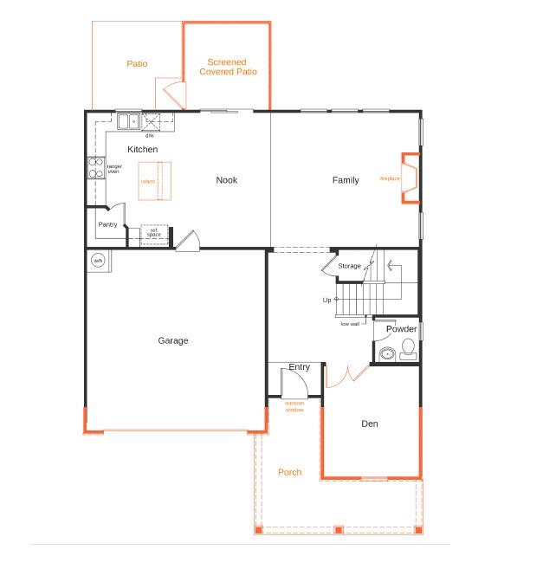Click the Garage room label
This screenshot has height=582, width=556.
pyautogui.click(x=173, y=340)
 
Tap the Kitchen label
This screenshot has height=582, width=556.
pyautogui.click(x=143, y=150)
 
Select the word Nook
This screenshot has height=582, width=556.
pyautogui.click(x=227, y=180)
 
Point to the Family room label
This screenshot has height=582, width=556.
pyautogui.click(x=346, y=180)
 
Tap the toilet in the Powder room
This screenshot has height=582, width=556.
pyautogui.click(x=408, y=349)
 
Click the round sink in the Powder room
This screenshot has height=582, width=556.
pyautogui.click(x=387, y=353)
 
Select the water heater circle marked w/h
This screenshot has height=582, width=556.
pyautogui.click(x=98, y=260)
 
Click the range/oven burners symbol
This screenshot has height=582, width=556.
pyautogui.click(x=94, y=168)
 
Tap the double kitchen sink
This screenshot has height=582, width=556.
pyautogui.click(x=128, y=121)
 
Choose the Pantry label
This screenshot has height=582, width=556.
pyautogui.click(x=107, y=224)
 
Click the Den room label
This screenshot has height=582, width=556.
pyautogui.click(x=370, y=424)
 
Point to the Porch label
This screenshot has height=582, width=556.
pyautogui.click(x=290, y=472)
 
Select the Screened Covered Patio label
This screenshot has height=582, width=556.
pyautogui.click(x=228, y=67)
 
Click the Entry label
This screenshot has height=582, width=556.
pyautogui.click(x=299, y=367)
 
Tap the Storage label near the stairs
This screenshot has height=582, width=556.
pyautogui.click(x=349, y=266)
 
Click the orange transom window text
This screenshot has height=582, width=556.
pyautogui.click(x=294, y=405)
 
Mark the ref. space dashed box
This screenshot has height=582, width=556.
pyautogui.click(x=154, y=232)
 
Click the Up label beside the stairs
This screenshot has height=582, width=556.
pyautogui.click(x=326, y=300)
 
